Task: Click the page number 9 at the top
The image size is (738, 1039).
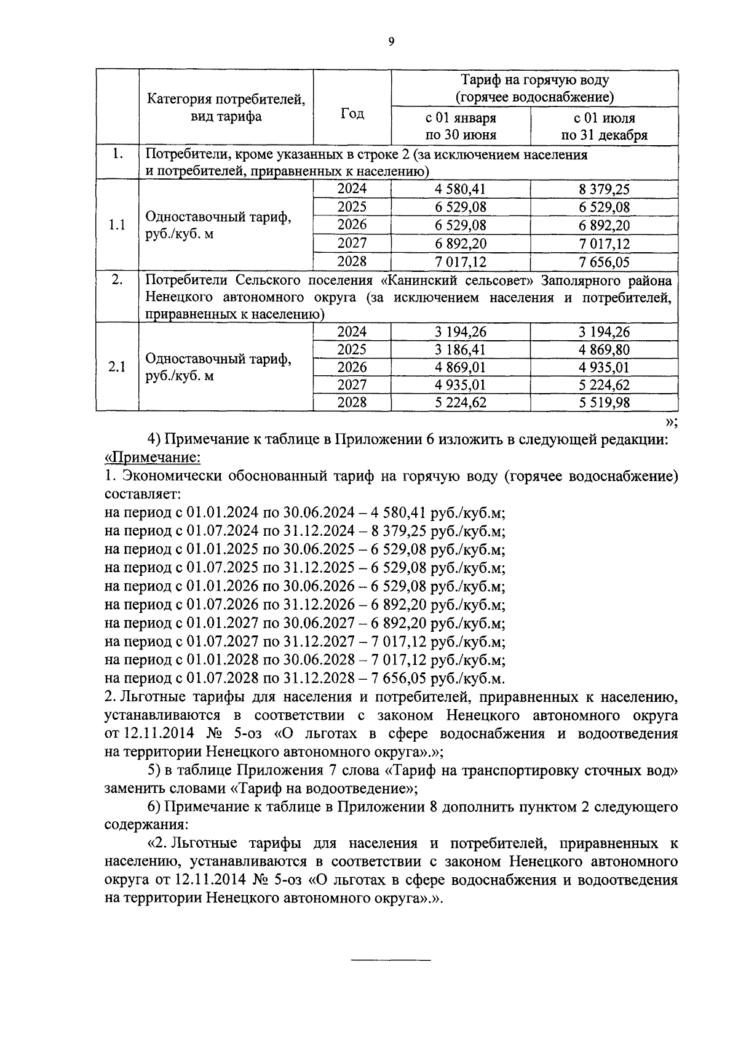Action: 391,42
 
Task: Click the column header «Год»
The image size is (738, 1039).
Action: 352,114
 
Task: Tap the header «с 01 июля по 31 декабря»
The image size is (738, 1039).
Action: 604,126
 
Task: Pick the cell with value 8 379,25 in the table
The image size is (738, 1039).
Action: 604,189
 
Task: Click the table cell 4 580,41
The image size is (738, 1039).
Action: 461,189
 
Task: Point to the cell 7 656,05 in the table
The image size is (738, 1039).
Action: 604,263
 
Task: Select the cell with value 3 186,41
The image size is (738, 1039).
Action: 461,350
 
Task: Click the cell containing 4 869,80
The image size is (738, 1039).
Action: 604,350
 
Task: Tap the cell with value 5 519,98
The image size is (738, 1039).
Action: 604,403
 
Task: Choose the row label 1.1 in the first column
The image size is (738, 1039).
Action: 117,225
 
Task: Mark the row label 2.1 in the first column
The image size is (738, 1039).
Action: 117,367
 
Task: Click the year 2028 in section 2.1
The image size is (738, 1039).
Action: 352,402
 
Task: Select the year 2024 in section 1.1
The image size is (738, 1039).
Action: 352,189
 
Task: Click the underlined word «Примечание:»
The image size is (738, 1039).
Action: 153,458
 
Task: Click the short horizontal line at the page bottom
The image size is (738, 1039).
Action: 391,960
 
